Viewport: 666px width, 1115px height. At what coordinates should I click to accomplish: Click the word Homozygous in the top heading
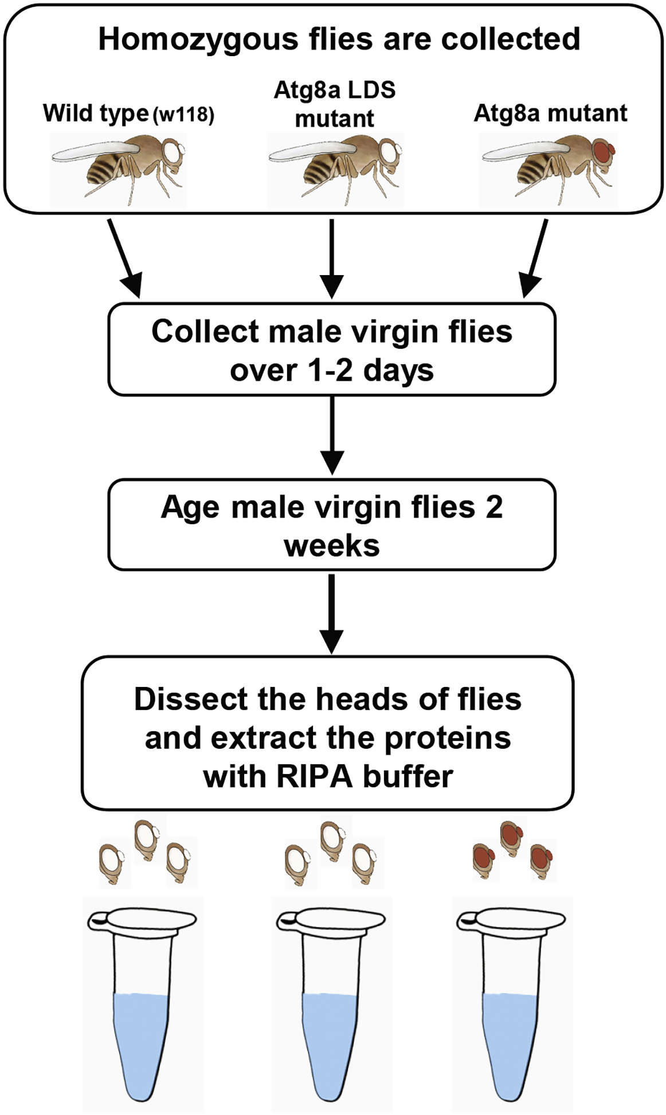pyautogui.click(x=199, y=39)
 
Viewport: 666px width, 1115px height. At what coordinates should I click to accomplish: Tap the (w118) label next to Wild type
pyautogui.click(x=183, y=115)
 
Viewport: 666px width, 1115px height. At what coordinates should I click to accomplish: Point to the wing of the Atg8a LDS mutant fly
pyautogui.click(x=312, y=151)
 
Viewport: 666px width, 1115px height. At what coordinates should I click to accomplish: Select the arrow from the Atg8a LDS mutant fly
pyautogui.click(x=332, y=258)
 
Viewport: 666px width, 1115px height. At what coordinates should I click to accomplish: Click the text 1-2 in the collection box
pyautogui.click(x=331, y=371)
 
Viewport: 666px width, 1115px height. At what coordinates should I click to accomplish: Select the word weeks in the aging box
pyautogui.click(x=332, y=545)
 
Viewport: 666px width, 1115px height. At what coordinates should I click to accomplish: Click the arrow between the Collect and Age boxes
pyautogui.click(x=332, y=435)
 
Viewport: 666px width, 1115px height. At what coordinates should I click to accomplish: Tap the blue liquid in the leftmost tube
pyautogui.click(x=141, y=1031)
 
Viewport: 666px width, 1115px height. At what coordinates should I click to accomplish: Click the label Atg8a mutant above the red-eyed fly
pyautogui.click(x=550, y=113)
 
